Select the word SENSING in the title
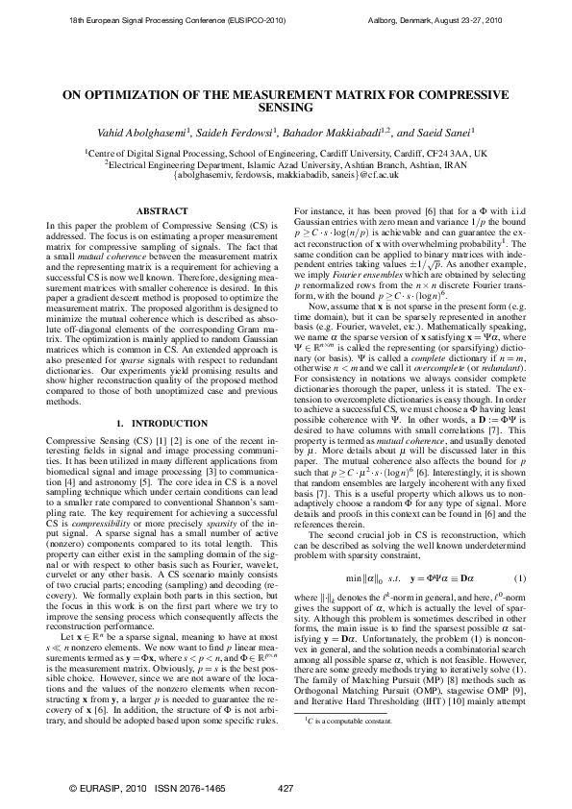tap(286, 110)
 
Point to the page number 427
tap(285, 788)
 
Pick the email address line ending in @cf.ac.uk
tap(286, 176)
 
